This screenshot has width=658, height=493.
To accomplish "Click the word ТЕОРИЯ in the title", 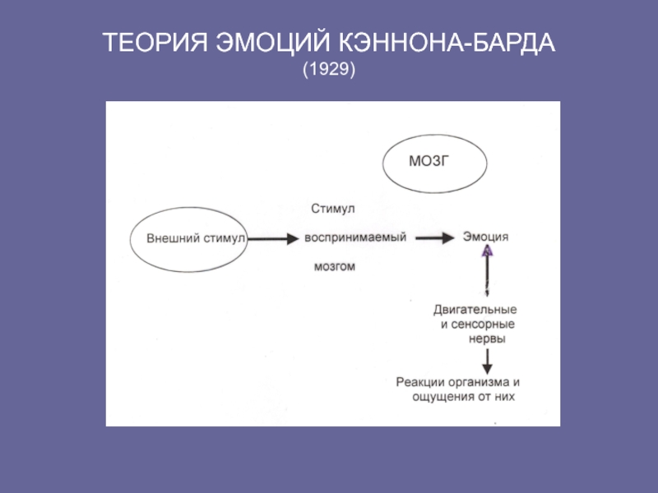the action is click(155, 43).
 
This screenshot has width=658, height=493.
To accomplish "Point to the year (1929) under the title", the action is click(329, 69).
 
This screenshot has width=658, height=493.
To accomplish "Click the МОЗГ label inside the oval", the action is click(429, 161).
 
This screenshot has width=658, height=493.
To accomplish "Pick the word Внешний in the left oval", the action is click(174, 238).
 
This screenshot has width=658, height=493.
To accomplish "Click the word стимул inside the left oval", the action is click(224, 238).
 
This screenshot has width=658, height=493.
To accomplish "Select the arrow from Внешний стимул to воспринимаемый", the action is click(273, 239).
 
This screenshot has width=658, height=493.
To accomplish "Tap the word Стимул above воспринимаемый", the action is click(333, 209).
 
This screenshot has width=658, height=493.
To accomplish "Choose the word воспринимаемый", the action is click(355, 237).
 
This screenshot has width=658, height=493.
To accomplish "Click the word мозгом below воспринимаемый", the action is click(335, 266).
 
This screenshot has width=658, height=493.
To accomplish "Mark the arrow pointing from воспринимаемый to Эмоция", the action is click(435, 238).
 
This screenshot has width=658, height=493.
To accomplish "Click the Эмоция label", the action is click(485, 237).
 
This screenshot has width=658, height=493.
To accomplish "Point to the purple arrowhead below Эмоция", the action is click(487, 251).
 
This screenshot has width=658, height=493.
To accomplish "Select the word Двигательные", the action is click(475, 310).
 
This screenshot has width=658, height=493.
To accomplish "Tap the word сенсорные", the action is click(483, 324).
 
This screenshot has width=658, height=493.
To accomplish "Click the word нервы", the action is click(487, 339).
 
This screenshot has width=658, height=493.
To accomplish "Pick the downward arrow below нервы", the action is click(487, 362).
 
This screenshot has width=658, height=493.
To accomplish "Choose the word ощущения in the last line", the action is click(442, 397).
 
